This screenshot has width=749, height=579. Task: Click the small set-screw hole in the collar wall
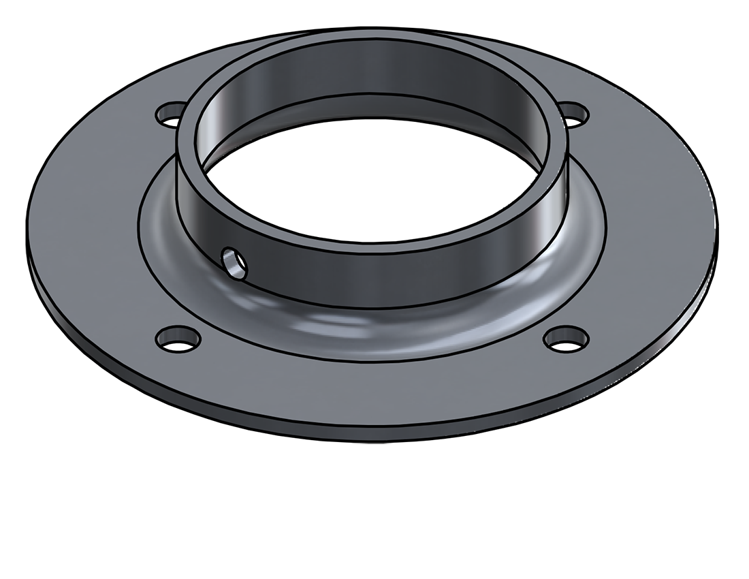coord(235,262)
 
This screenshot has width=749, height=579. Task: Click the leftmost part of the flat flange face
coord(54,225)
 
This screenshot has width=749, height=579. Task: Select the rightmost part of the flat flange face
coord(688,218)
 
